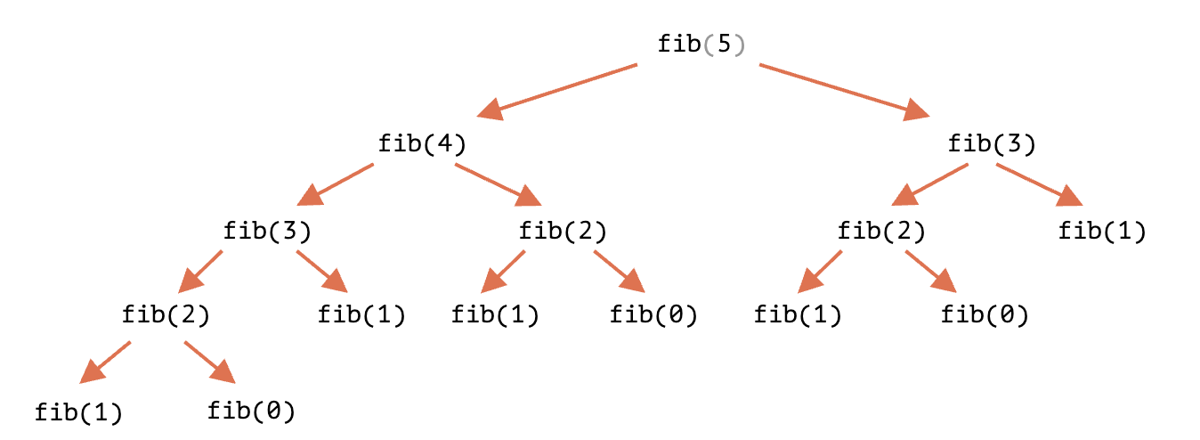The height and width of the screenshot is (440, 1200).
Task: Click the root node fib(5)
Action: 701,44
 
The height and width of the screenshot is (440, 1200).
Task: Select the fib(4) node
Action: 422,143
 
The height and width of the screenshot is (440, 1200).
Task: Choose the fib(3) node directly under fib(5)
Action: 992,143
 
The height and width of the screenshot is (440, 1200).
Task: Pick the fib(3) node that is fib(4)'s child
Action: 267,232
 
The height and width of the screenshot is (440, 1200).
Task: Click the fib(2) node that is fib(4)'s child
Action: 563,232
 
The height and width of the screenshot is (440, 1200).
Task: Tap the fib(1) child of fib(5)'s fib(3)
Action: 1102,232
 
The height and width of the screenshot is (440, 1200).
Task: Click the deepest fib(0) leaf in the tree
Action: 251,411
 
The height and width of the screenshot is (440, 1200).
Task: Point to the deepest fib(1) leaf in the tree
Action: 78,412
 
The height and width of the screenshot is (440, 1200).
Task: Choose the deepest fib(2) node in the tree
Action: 166,314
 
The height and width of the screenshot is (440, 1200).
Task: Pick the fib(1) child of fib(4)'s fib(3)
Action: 362,314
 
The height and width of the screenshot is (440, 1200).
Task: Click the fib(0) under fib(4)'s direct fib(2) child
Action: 653,314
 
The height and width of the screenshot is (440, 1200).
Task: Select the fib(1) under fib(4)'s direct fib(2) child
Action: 495,314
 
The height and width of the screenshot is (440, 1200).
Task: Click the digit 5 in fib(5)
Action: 723,44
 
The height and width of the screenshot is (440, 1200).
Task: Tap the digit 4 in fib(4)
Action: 444,143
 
